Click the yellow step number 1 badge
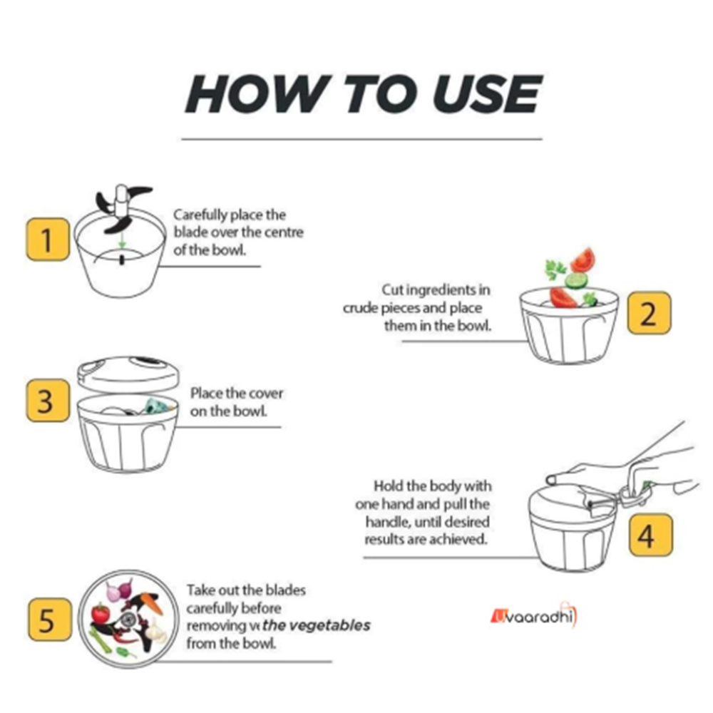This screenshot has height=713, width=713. point(48,239)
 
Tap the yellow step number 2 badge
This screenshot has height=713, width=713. point(649,313)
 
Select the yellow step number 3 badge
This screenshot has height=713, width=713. point(48,401)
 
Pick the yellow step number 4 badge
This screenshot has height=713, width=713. point(651,535)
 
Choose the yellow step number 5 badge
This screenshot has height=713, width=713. point(50,620)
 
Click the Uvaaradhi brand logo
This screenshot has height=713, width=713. point(533,615)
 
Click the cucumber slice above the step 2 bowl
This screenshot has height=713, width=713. point(576,280)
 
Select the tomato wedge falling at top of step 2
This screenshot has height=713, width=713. point(583,260)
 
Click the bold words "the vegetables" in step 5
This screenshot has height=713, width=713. point(317,625)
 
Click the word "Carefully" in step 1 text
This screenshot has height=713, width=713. point(200,215)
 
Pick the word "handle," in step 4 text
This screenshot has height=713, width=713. point(387,522)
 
